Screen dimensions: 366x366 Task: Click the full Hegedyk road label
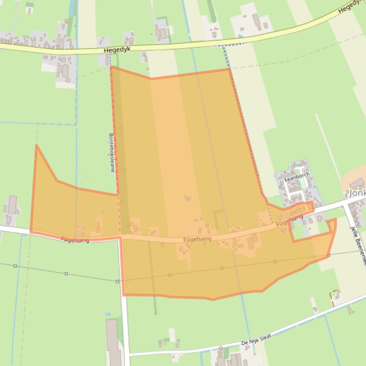click(116, 49)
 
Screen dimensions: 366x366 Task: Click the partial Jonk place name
click(357, 194)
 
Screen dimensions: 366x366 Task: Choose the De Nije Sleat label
click(256, 339)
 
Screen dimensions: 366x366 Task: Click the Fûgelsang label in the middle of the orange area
click(197, 239)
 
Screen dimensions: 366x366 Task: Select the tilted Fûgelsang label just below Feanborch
click(289, 220)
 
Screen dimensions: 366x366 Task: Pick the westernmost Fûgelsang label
click(75, 240)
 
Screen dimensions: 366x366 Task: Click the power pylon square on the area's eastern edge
click(328, 255)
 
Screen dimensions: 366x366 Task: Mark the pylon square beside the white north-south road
click(117, 281)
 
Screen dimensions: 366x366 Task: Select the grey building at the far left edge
click(12, 205)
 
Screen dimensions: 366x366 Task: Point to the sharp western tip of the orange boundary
click(36, 145)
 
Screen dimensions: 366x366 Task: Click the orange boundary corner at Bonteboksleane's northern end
click(111, 67)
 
